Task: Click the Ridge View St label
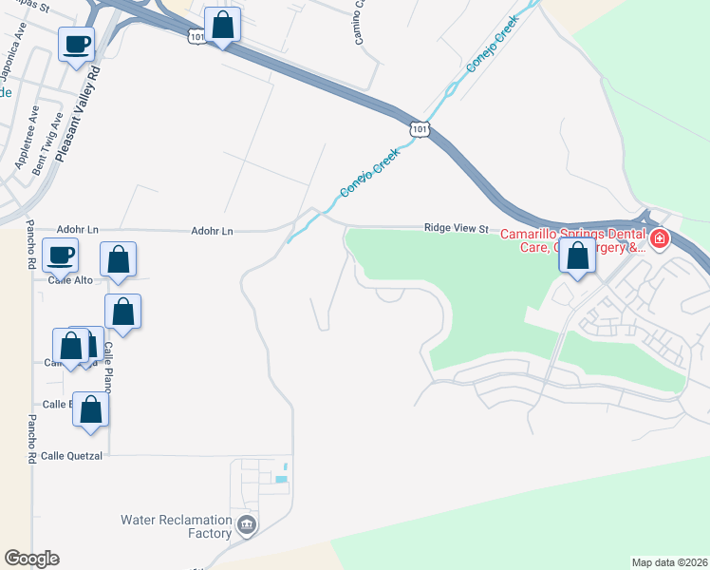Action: click(456, 228)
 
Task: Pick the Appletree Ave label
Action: click(27, 138)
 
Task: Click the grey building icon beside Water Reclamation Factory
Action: click(246, 523)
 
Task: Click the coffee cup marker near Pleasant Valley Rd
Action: click(77, 44)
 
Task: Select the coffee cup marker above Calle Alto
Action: click(61, 255)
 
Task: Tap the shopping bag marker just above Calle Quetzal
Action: click(91, 410)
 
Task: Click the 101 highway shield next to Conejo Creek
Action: click(420, 127)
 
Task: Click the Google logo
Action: click(31, 559)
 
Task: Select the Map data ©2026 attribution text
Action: click(669, 562)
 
